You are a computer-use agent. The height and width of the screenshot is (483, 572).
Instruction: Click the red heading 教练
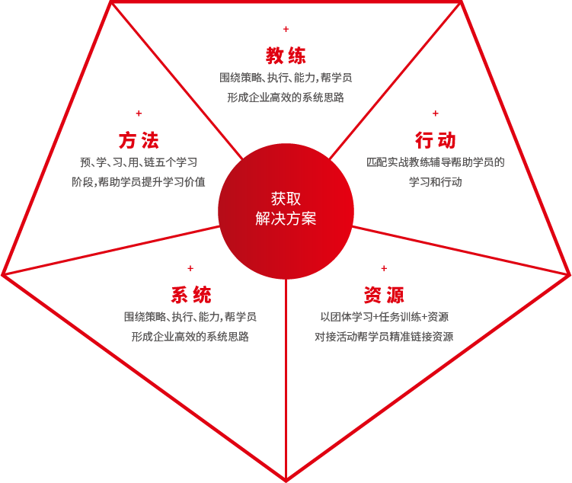point(286,56)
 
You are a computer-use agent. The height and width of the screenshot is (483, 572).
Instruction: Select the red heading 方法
point(139,140)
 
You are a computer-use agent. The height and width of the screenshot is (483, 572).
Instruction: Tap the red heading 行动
point(435,140)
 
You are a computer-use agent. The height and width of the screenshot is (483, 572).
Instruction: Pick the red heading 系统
point(190,295)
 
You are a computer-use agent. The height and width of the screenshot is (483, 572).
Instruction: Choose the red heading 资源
point(384,295)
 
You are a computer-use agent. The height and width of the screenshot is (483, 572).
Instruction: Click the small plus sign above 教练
point(286,29)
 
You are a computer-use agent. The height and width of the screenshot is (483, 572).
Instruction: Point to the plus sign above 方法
point(139,114)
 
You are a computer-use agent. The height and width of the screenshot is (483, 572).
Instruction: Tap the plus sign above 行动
point(435,114)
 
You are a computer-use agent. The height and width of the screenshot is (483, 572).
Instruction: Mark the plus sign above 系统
point(190,268)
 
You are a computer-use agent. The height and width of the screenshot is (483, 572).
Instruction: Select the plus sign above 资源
point(384,268)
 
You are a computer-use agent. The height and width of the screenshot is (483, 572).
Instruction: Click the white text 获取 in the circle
point(286,199)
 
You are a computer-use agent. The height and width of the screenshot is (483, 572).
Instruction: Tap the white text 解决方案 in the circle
point(286,219)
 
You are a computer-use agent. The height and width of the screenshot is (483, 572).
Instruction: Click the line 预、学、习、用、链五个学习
point(139,162)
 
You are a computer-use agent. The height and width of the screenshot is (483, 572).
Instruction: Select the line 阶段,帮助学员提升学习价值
point(139,181)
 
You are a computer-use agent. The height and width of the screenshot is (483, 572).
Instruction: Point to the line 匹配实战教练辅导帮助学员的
point(435,162)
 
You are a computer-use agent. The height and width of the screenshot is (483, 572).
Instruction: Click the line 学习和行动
point(435,181)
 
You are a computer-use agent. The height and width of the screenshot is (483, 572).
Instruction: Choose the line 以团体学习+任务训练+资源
point(384,317)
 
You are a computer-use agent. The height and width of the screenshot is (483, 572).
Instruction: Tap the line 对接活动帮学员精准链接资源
point(384,337)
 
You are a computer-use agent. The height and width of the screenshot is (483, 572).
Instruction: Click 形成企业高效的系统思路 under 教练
point(286,98)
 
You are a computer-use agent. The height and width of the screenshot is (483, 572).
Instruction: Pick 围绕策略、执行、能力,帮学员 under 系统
point(190,317)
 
